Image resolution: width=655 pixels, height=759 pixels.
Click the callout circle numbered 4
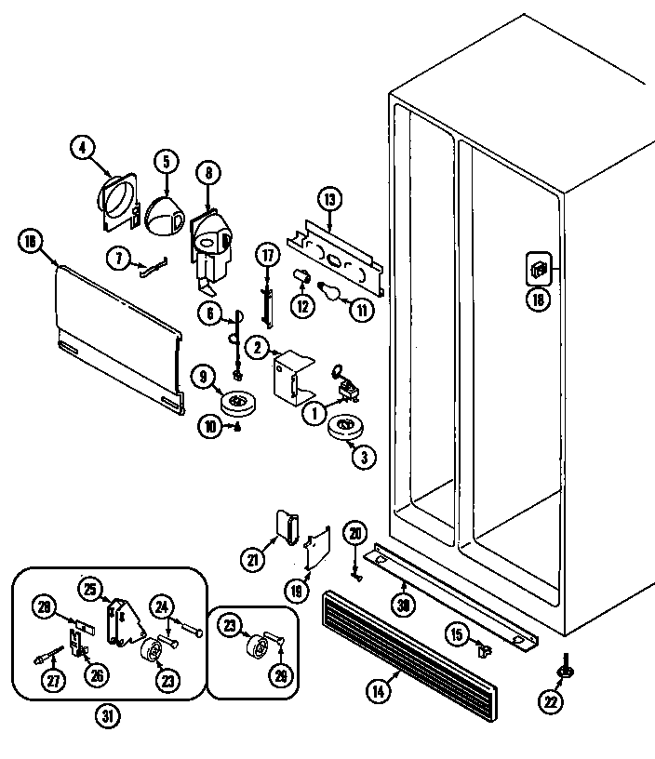[x=83, y=147]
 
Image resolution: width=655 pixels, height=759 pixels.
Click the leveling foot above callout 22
[x=565, y=669]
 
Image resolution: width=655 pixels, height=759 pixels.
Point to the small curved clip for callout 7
[x=153, y=269]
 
